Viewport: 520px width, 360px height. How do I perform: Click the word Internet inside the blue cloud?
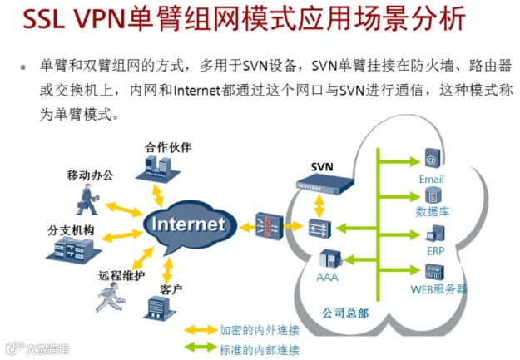click(x=188, y=224)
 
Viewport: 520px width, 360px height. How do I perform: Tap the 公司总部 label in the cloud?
click(x=344, y=313)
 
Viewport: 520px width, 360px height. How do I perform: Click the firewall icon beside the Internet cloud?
click(x=265, y=224)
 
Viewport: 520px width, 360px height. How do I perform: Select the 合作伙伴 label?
click(x=168, y=147)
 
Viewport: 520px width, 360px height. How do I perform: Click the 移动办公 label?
click(x=90, y=176)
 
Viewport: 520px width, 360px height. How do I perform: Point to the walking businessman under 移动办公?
click(x=86, y=200)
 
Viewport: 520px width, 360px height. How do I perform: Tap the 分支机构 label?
click(x=72, y=229)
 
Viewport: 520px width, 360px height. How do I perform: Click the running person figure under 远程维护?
click(x=107, y=297)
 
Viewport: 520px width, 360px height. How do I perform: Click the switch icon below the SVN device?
click(x=316, y=227)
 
